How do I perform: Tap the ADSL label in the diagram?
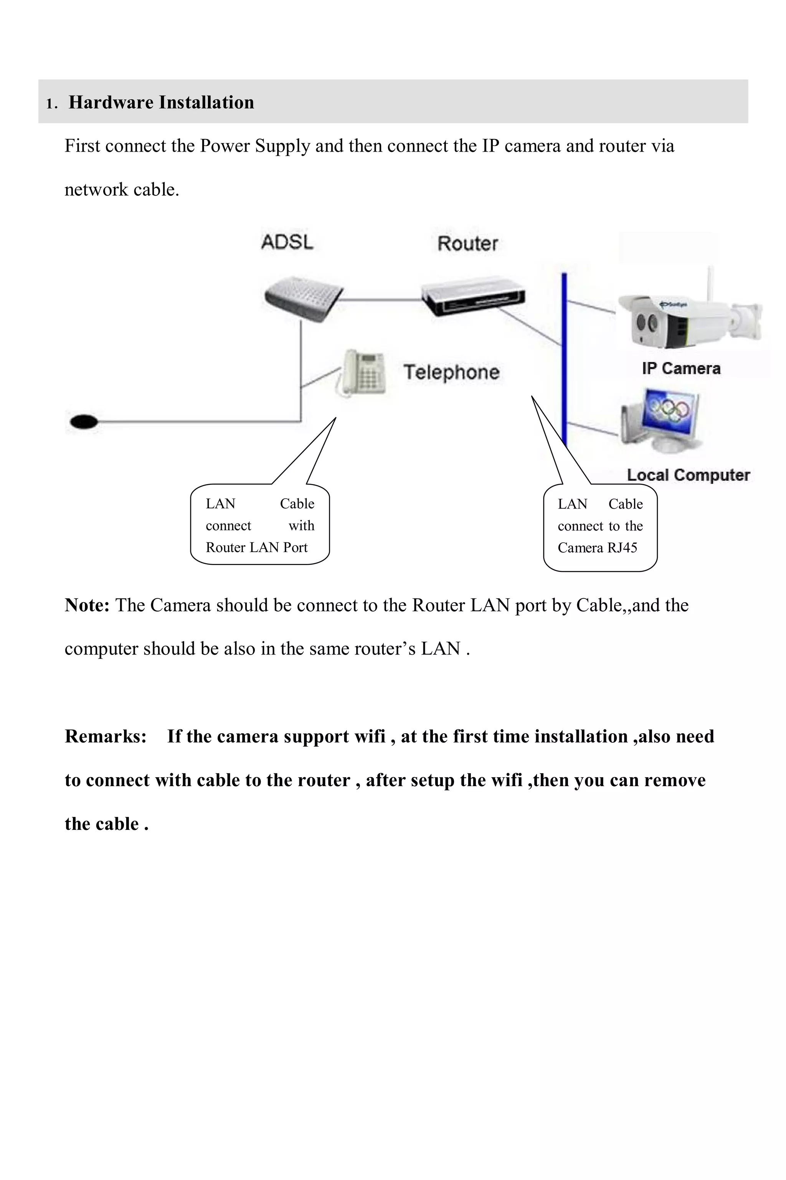(x=287, y=242)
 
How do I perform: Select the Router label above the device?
(x=467, y=244)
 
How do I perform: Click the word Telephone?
(x=451, y=372)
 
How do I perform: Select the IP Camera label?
(x=681, y=369)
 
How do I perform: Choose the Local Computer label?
(x=688, y=475)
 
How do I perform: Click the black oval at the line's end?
(x=84, y=422)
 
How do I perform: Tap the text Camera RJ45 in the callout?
(x=597, y=548)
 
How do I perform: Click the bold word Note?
(x=87, y=605)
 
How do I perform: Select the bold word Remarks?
(x=105, y=736)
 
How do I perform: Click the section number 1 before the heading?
(x=49, y=104)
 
